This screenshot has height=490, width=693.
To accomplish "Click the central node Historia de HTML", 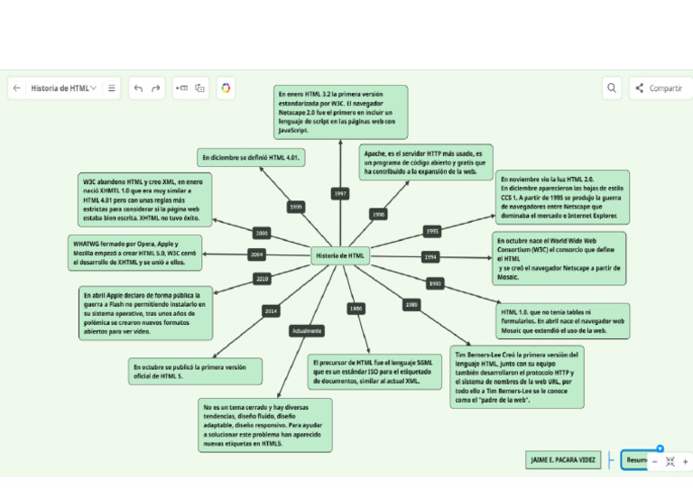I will (340, 256).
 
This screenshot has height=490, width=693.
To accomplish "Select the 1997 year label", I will (339, 193).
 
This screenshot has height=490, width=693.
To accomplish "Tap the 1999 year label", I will (295, 207).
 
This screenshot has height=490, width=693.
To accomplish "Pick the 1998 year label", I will (378, 215).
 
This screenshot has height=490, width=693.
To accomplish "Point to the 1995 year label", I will (431, 231).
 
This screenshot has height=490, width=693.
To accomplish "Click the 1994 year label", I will (430, 257).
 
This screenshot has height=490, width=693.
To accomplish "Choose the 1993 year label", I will (435, 283).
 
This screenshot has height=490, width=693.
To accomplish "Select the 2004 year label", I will (257, 255).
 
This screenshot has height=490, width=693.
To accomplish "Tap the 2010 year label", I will (262, 279).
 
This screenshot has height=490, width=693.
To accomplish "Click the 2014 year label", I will (270, 310).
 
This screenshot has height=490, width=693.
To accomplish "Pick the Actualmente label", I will (307, 331).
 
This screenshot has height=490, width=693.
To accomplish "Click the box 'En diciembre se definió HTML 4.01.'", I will (252, 157).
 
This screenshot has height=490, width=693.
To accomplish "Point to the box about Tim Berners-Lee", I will (517, 377).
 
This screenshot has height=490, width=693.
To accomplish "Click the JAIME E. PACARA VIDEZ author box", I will (561, 460).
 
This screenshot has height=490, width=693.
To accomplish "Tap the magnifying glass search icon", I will (612, 88).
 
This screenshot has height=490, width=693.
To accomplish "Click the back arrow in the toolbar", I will (16, 88).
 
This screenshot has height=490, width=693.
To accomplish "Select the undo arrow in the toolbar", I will (138, 88).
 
